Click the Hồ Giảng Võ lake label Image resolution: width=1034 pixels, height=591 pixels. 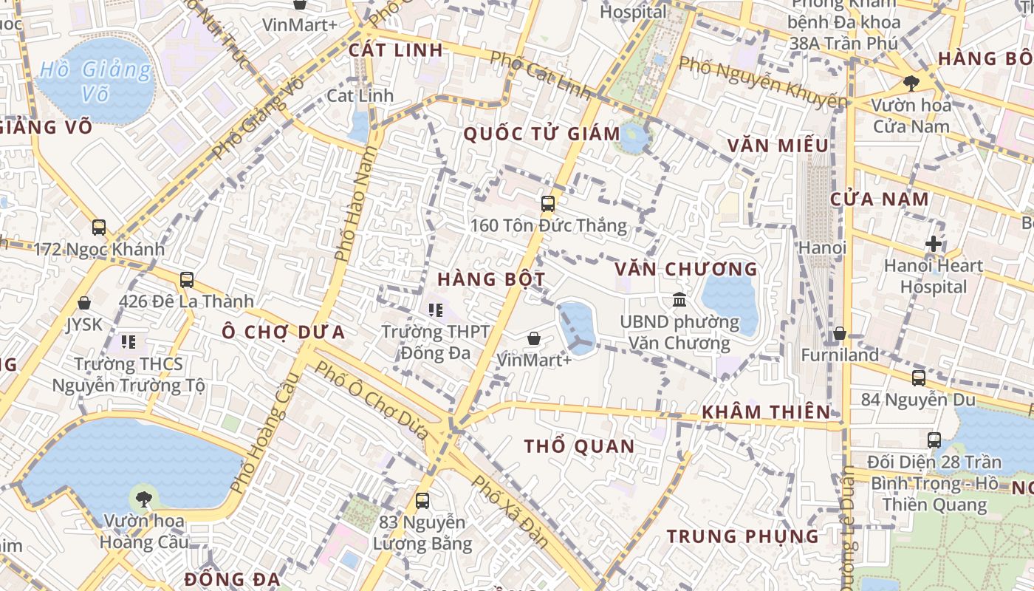pos(95,81)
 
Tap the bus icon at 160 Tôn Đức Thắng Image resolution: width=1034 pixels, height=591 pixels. pos(547,204)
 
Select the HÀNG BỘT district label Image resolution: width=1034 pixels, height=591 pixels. pos(491,279)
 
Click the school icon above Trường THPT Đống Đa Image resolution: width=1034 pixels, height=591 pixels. pos(436,310)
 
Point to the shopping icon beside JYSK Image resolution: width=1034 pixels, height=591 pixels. pos(84,303)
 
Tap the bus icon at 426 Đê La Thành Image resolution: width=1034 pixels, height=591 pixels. pos(186,280)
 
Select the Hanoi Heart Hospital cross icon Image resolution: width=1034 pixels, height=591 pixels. pos(934,244)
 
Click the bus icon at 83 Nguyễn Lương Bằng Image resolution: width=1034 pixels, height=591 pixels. pos(422,501)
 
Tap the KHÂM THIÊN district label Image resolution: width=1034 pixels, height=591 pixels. pos(766,412)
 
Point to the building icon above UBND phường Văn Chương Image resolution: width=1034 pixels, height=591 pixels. pos(679,300)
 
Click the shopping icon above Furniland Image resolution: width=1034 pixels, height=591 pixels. pos(839,334)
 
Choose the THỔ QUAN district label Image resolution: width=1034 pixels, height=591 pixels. pos(579,446)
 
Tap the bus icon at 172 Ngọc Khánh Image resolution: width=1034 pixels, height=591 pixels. pos(99,228)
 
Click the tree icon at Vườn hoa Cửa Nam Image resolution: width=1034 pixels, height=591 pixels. pos(911,83)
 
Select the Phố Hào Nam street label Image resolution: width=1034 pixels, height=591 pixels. pos(356,203)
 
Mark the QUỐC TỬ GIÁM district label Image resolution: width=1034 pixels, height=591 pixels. pos(541,134)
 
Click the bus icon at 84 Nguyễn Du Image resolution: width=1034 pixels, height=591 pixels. pos(918,378)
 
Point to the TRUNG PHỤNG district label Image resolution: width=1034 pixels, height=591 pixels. pos(743,536)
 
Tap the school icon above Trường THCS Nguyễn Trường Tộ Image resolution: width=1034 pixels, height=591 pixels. pos(129,342)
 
